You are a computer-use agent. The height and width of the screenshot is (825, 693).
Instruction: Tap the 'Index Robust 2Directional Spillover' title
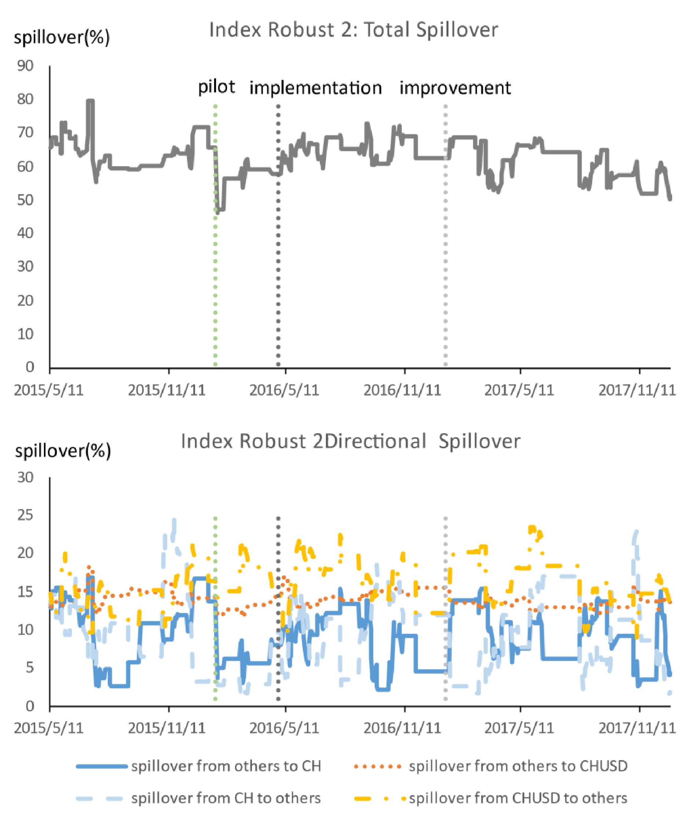point(351,441)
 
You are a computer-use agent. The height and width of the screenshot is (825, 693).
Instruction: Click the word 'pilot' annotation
point(216,87)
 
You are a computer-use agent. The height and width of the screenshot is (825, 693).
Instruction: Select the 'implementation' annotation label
point(316,88)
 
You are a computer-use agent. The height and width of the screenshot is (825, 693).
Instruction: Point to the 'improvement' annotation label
point(455,88)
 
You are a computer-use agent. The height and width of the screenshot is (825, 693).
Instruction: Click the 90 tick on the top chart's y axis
point(26,66)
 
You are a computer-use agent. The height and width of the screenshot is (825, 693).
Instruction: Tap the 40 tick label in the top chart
point(26,233)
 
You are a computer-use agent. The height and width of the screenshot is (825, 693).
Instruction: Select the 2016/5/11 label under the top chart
point(285,390)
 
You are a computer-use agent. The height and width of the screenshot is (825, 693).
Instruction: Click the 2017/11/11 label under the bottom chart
point(637,728)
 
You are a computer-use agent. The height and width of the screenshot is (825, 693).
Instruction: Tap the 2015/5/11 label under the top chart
point(49,390)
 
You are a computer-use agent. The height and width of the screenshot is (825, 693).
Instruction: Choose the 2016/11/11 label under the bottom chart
point(402,728)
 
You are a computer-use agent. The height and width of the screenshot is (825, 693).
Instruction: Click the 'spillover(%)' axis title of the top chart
point(62,38)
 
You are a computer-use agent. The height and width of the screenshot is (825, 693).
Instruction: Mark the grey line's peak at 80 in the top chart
point(91,101)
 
